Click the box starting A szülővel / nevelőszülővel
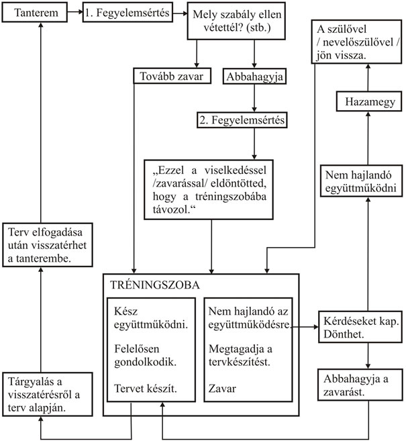[x=352, y=43]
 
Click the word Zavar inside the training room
[x=222, y=388]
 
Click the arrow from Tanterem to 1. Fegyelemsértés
[x=76, y=13]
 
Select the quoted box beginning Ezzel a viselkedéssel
[x=211, y=188]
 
